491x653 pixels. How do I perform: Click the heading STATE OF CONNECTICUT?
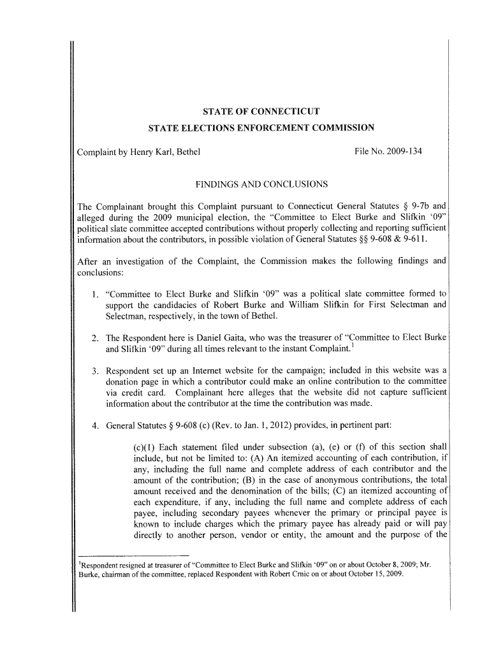[x=261, y=110]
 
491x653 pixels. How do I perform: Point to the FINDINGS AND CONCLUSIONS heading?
[x=261, y=185]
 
